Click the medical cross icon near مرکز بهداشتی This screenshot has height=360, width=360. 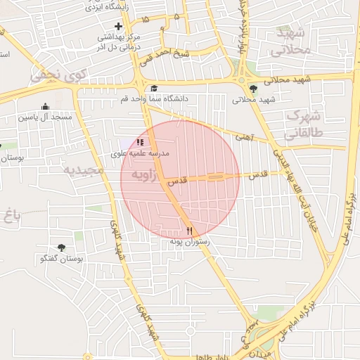click(118, 26)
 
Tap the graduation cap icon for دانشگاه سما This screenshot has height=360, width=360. click(154, 89)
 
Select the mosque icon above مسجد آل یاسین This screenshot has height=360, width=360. click(46, 107)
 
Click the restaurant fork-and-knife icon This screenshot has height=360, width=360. click(189, 230)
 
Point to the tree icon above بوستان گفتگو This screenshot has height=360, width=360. click(61, 247)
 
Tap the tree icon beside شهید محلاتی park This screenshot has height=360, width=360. click(253, 89)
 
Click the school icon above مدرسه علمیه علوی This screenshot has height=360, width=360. click(140, 142)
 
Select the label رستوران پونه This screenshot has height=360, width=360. click(190, 240)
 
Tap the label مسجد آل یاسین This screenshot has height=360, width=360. click(46, 117)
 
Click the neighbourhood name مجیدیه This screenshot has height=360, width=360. click(84, 170)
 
